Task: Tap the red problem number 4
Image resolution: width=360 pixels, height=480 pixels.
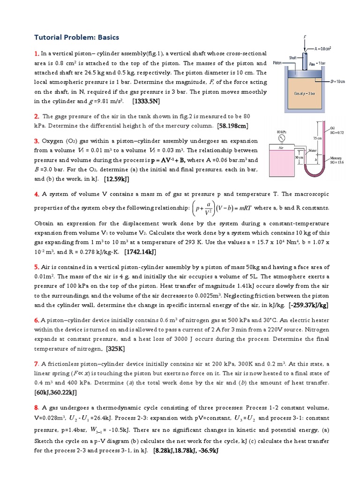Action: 36,194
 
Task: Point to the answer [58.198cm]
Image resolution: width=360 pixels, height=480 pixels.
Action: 233,125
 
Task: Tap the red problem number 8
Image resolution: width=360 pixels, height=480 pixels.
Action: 36,407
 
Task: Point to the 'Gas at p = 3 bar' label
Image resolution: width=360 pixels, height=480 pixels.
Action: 304,94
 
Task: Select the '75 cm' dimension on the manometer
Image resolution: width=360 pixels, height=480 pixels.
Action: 318,138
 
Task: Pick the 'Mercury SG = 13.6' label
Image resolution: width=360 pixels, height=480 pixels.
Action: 336,160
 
